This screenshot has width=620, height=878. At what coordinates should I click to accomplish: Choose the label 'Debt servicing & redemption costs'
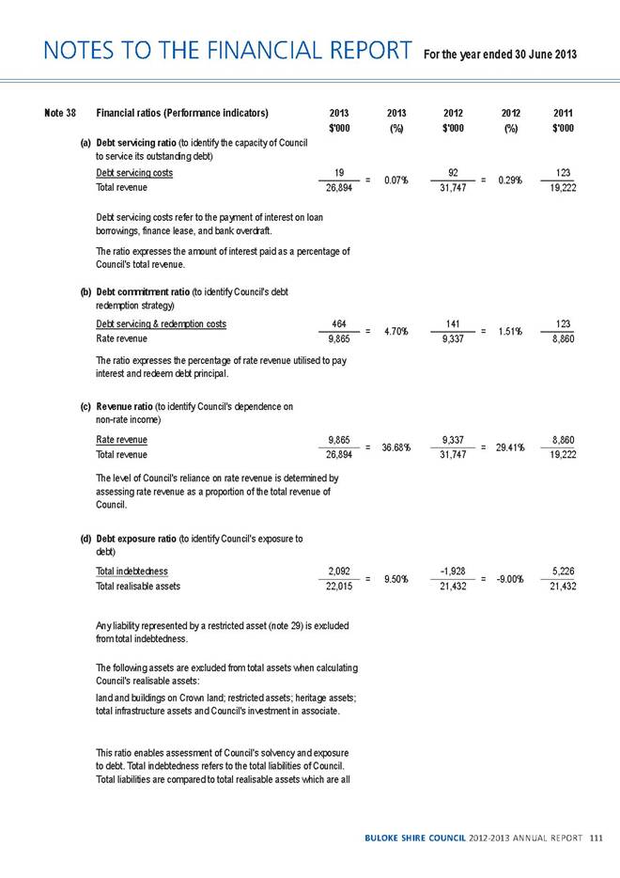(161, 324)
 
